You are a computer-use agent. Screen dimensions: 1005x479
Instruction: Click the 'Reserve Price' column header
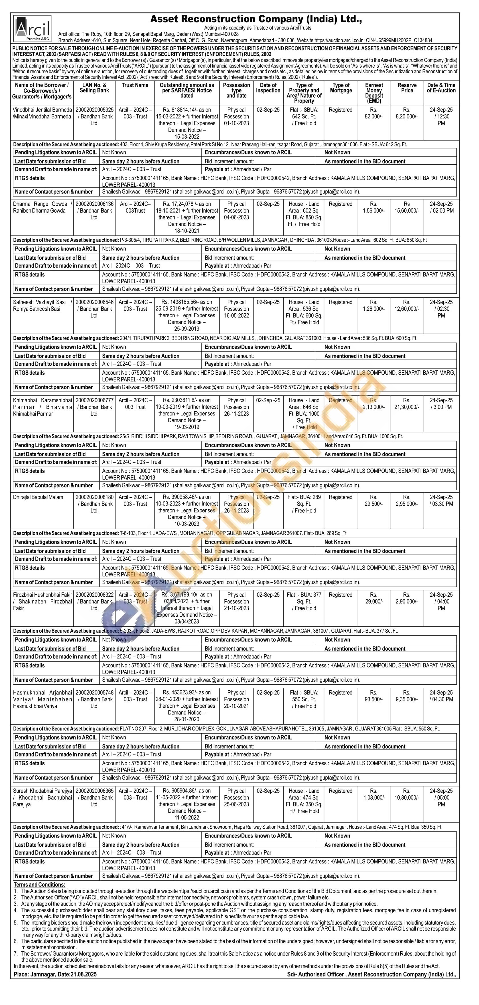pos(407,88)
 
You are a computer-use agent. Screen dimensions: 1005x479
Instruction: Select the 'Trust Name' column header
pos(135,85)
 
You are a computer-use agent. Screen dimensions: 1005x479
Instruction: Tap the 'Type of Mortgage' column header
pos(341,88)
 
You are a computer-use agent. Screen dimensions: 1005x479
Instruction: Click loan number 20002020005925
pos(94,110)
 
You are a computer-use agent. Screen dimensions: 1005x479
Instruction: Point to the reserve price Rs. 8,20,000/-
pos(407,113)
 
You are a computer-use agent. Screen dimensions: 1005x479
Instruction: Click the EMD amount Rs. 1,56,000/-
pos(374,207)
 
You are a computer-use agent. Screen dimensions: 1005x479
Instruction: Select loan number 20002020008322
pos(94,595)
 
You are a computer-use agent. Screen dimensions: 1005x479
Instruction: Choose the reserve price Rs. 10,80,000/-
pos(407,794)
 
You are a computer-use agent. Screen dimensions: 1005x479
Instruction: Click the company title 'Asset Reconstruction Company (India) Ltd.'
pos(256,19)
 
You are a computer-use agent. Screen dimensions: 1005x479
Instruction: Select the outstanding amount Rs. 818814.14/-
pos(187,110)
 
